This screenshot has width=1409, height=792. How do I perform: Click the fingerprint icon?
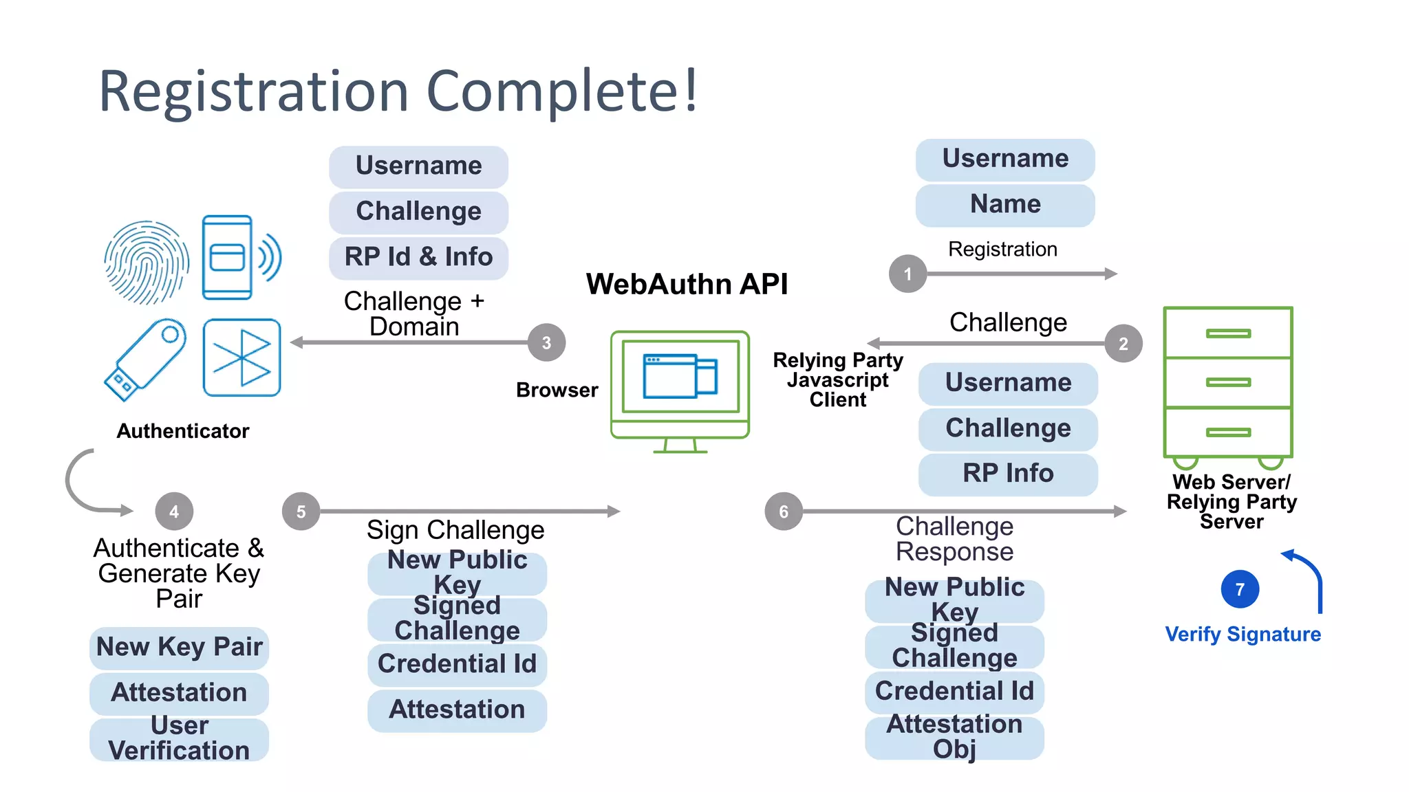(147, 262)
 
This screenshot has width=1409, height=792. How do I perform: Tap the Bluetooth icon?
(241, 357)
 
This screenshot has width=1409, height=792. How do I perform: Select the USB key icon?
(145, 359)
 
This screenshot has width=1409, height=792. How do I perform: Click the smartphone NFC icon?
(237, 258)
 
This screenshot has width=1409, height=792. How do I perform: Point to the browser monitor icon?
(680, 390)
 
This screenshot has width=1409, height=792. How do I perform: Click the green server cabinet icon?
(1228, 384)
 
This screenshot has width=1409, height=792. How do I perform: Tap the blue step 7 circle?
(1240, 589)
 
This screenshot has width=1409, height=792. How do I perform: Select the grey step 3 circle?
(546, 342)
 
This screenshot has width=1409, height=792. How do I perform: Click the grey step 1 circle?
(907, 274)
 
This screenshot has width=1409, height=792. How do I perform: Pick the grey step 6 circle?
(784, 511)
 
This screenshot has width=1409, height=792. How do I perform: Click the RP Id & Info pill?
(418, 257)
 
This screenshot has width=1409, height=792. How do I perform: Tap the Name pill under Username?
(1005, 204)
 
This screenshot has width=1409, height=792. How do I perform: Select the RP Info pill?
(1008, 474)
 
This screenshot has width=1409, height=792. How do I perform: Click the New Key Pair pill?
(179, 647)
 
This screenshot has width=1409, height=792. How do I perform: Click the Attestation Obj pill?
(954, 737)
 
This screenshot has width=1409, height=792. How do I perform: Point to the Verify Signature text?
(1243, 634)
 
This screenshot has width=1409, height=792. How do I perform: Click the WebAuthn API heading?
(687, 284)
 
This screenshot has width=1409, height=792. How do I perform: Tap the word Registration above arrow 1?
(1002, 249)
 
